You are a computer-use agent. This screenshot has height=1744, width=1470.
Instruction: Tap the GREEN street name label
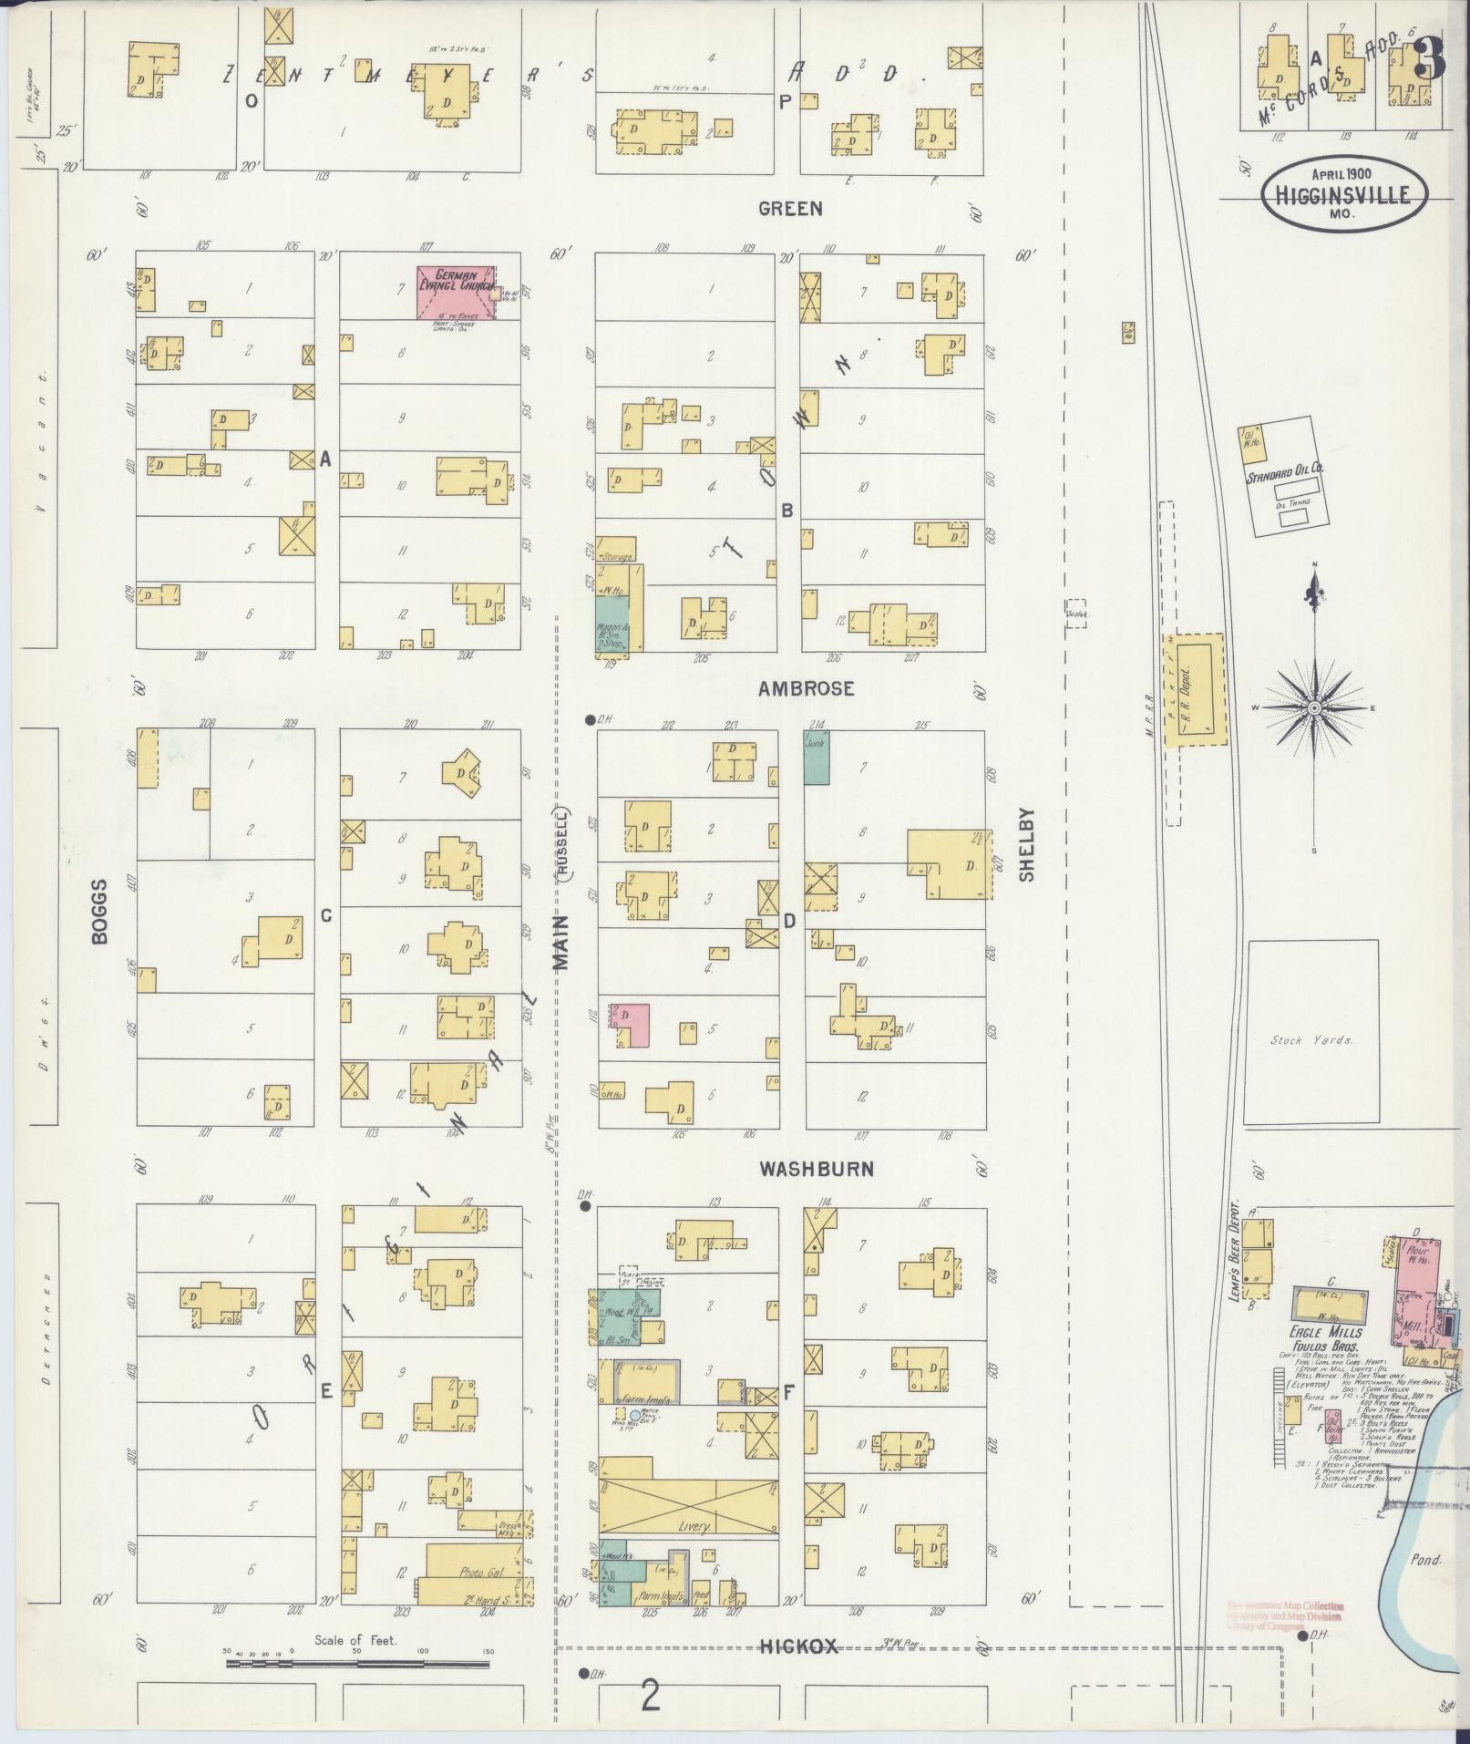pos(790,209)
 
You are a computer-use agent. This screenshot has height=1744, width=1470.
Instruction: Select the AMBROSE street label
pos(806,688)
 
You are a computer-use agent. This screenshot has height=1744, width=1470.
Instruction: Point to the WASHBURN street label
pos(817,1169)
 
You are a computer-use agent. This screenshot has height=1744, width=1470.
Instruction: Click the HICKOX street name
pos(798,1646)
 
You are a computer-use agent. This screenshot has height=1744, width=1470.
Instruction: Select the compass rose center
pos(1314,708)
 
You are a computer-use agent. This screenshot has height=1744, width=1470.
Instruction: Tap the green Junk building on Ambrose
pos(816,757)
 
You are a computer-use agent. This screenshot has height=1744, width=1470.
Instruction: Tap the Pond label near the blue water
pos(1425,1559)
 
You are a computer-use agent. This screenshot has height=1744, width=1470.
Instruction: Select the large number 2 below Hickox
pos(650,1696)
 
